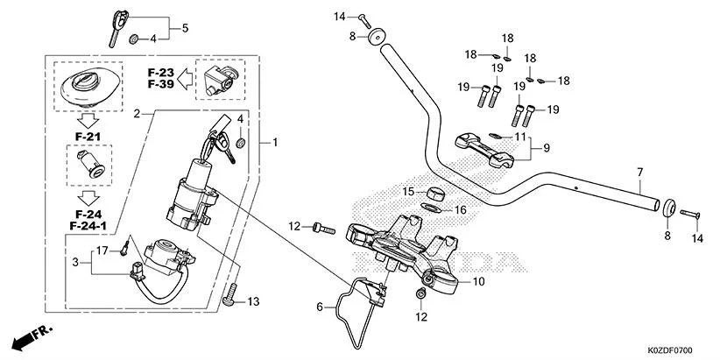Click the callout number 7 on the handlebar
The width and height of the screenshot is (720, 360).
click(x=640, y=172)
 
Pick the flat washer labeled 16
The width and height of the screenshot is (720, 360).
click(x=431, y=208)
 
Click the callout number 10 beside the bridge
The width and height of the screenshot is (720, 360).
click(x=478, y=282)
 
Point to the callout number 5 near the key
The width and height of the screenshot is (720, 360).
click(x=185, y=28)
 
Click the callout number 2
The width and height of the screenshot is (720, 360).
click(x=137, y=115)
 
